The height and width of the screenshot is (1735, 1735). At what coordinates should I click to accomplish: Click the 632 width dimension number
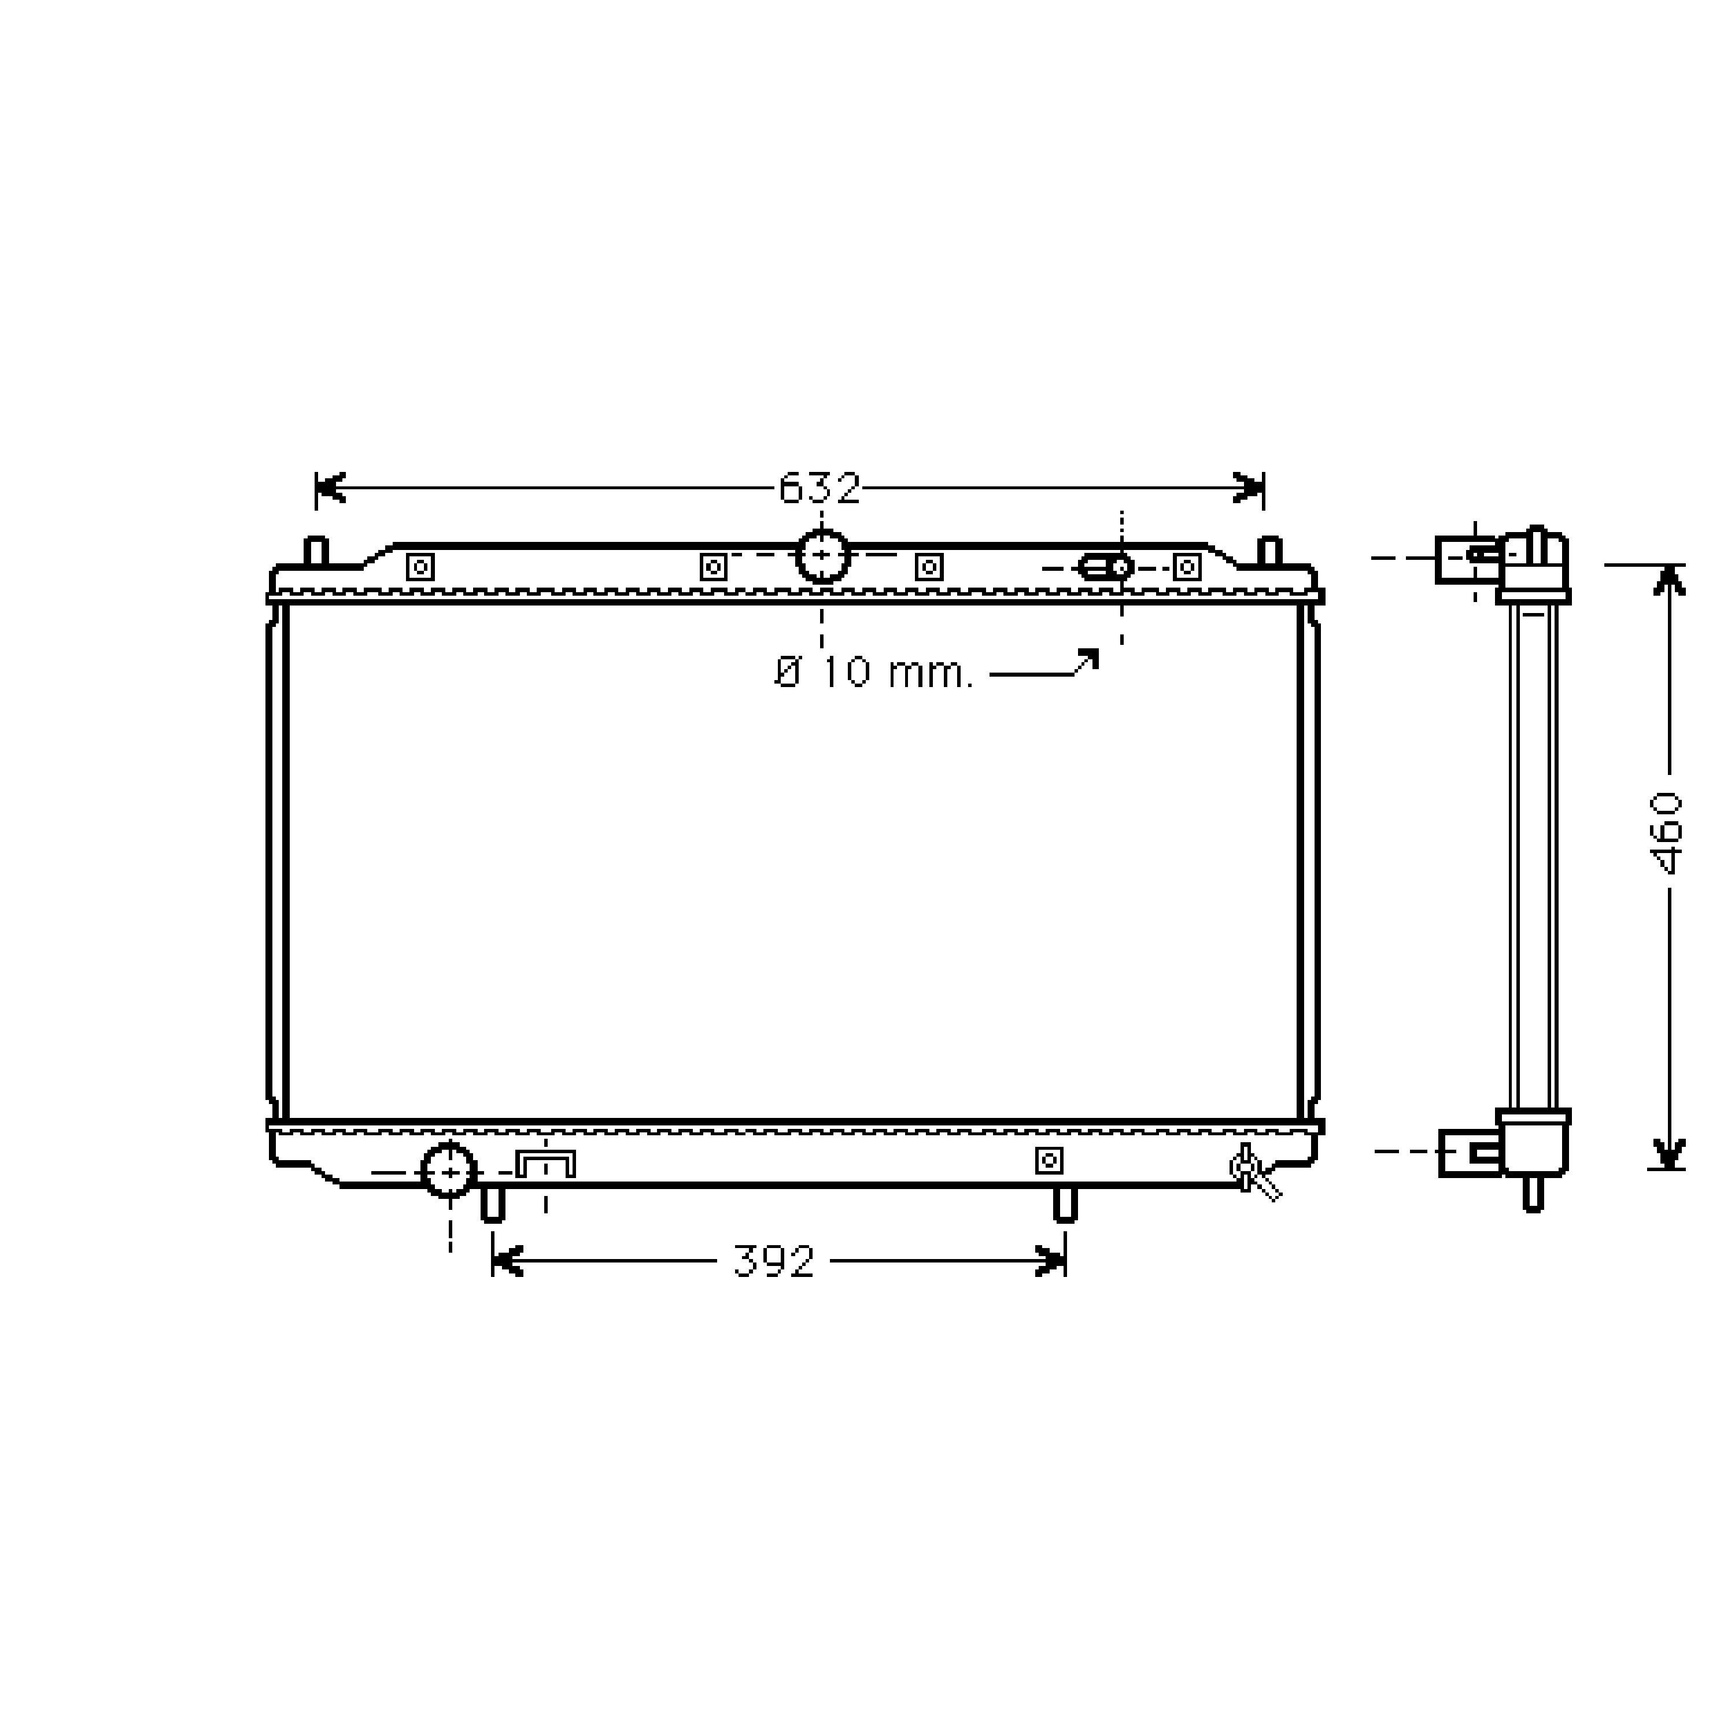pos(819,489)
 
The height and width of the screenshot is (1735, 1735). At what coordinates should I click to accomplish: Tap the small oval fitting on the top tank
pos(1105,567)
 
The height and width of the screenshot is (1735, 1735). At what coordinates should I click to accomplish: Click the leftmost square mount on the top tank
pos(420,567)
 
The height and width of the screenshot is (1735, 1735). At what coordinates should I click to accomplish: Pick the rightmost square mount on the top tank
pos(1187,567)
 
